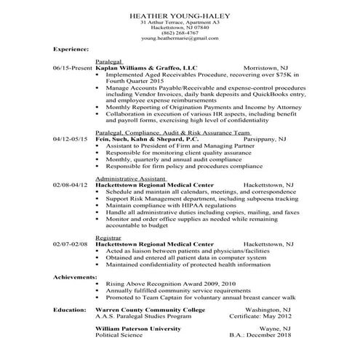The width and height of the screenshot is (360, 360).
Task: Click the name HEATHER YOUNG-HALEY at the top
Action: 180,15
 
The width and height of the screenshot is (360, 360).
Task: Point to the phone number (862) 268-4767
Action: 180,32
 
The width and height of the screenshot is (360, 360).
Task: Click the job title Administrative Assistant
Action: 126,177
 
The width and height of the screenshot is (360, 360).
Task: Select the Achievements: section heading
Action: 75,277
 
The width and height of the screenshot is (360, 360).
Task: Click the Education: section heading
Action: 71,310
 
